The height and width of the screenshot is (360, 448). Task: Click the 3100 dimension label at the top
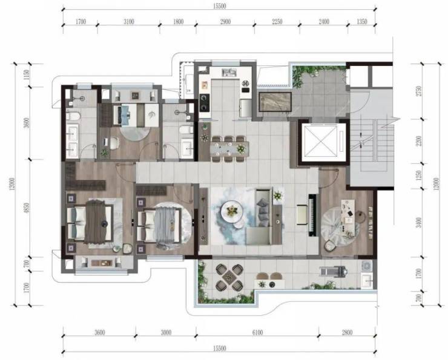[128, 22]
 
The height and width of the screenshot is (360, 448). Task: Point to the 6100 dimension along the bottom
[257, 332]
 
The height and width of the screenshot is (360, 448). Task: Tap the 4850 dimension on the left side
[27, 208]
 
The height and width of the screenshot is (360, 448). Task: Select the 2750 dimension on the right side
[419, 91]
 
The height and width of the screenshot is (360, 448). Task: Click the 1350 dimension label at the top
[361, 22]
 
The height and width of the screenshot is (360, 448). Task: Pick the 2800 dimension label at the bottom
[347, 332]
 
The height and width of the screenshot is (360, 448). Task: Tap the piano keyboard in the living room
[314, 215]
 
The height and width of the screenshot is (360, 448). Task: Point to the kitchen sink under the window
[229, 73]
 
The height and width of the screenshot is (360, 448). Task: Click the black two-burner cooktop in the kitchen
[204, 102]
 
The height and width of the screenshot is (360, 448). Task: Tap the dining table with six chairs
[229, 149]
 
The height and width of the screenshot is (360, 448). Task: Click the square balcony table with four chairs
[229, 277]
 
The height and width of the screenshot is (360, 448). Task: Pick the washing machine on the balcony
[366, 266]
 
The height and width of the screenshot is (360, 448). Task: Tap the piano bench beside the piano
[301, 214]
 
